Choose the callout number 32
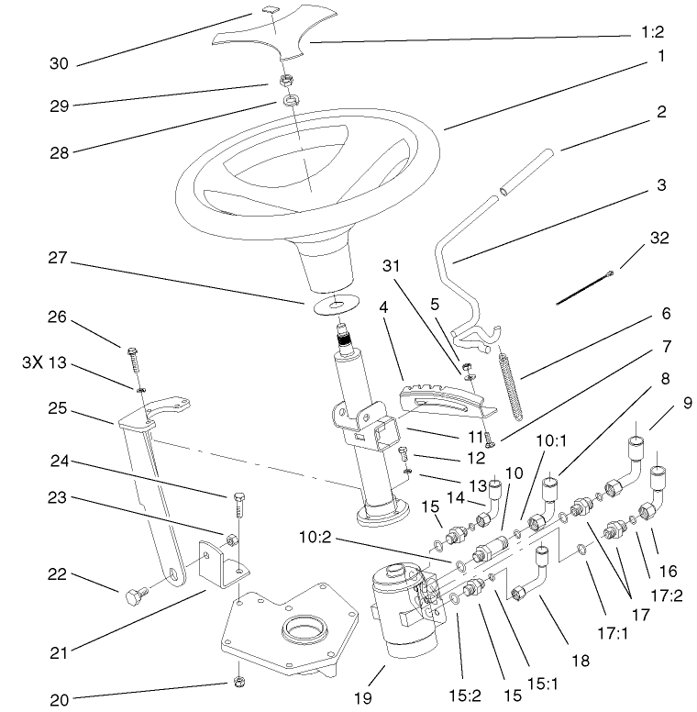658,238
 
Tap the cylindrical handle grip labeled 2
528,171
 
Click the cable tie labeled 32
587,284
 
